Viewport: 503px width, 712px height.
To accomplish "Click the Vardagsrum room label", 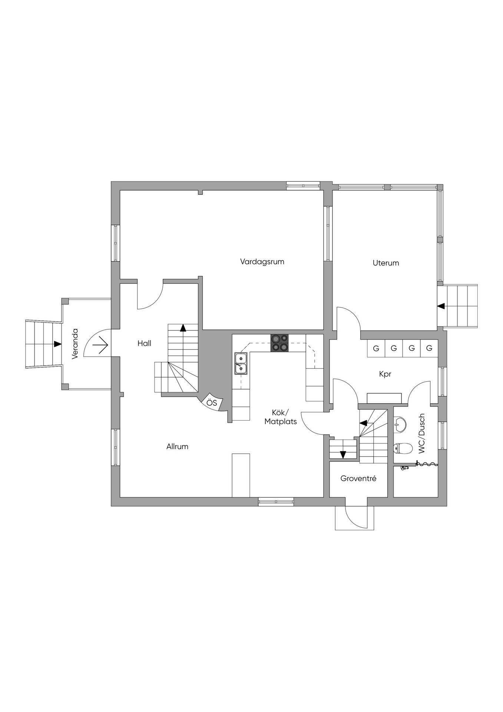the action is coord(262,262).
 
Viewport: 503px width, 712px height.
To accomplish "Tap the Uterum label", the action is coord(386,263).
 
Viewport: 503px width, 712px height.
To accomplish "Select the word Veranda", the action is coord(75,343).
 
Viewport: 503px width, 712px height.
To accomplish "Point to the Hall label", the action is coord(144,343).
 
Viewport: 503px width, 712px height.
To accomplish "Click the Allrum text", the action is coord(177,446).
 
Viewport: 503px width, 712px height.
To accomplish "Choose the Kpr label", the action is coord(385,375).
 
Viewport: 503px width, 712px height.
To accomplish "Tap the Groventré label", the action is coord(358,478).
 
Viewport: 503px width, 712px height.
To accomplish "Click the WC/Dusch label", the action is coord(421,434).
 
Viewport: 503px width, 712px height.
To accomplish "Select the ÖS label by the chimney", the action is coord(212,403).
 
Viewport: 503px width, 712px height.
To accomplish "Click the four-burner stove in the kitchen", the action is coord(279,343).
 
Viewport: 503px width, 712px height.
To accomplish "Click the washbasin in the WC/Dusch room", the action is coord(400,423).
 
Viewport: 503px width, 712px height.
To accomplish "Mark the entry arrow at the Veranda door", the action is coord(100,346).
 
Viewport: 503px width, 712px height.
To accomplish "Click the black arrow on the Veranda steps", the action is coord(57,344).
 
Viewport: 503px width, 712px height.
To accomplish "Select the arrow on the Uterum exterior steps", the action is coord(441,306).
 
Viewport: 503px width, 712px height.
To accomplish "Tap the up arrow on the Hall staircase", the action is coord(183,327).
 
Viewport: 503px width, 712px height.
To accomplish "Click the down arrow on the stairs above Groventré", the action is coord(343,455).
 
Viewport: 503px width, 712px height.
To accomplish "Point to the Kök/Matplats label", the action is coord(281,417).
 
